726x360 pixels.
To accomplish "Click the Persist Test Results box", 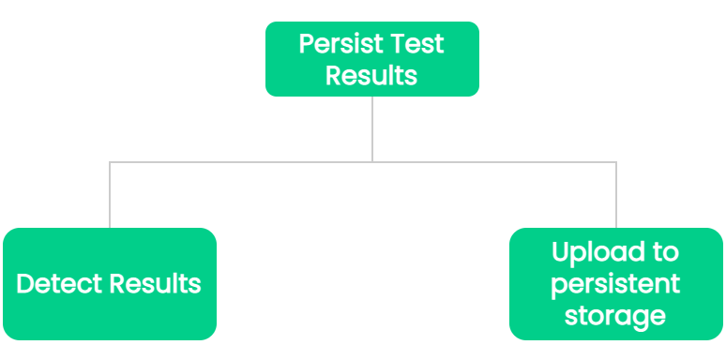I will pos(371,58).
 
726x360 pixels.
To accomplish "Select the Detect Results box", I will pos(110,283).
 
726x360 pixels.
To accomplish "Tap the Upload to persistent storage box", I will pos(615,283).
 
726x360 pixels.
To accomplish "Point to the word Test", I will pos(423,44).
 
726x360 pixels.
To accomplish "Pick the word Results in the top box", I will pos(371,75).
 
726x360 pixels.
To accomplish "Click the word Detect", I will pos(59,283).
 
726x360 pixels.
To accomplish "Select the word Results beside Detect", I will pos(155,283).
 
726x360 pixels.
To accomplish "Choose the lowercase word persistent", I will pos(615,283).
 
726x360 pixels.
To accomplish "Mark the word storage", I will pos(615,315).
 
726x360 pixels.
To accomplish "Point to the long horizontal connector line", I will pos(244,162).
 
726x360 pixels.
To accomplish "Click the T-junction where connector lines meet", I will pos(372,162).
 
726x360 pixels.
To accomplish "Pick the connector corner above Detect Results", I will pos(110,162).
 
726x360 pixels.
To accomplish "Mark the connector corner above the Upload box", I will pos(616,162).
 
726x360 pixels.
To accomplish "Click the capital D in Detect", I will pos(25,283).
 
